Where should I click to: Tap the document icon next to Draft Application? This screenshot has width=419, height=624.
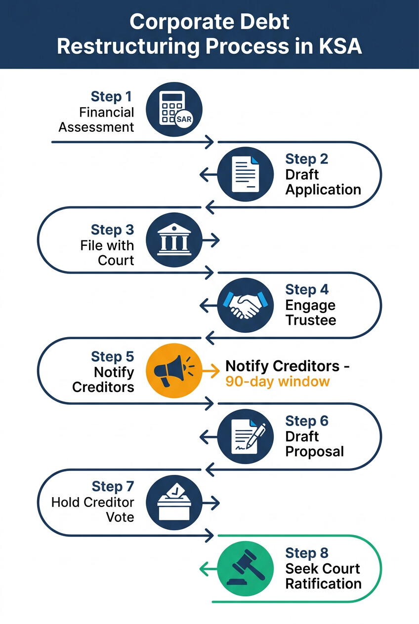(246, 175)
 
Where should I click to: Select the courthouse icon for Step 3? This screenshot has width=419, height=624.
(174, 240)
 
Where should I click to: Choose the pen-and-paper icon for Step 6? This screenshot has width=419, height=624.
(246, 436)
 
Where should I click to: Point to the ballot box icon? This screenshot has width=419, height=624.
(174, 502)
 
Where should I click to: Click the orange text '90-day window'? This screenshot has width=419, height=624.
(277, 382)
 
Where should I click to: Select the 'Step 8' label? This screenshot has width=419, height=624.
(307, 553)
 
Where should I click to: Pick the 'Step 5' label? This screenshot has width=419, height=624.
(113, 357)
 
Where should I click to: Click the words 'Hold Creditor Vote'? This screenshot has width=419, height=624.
(93, 509)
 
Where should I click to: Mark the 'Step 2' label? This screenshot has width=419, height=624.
(307, 159)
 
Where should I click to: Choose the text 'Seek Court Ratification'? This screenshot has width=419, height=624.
(323, 576)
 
